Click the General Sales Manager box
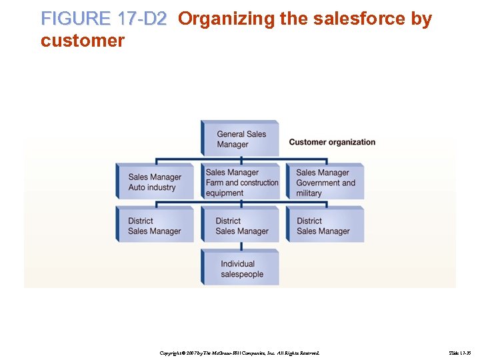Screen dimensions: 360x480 240,139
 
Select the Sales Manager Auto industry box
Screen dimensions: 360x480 155,181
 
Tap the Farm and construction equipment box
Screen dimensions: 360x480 241,182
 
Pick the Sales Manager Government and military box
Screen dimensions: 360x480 325,182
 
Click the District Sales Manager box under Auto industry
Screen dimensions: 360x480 155,225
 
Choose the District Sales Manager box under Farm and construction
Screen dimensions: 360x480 241,225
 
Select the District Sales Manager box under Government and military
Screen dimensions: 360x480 325,225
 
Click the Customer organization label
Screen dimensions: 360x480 332,142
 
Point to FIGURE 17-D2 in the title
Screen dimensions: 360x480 103,19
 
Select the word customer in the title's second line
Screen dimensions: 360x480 82,41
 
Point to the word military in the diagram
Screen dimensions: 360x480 309,193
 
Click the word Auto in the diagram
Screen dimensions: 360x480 137,187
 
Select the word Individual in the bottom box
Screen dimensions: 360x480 238,263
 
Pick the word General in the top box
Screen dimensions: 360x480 231,134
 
